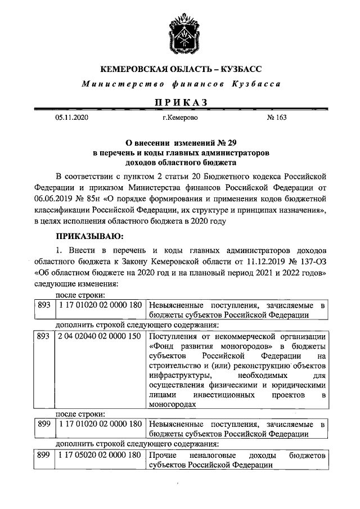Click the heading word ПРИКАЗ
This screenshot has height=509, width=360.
click(x=181, y=102)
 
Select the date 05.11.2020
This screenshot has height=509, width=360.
click(x=72, y=119)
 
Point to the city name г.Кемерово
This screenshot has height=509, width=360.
click(x=179, y=119)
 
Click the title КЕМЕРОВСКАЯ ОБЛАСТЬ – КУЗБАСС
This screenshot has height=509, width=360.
click(x=181, y=70)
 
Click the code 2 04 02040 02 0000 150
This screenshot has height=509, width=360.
click(x=99, y=336)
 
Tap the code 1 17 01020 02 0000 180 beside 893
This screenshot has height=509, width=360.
click(x=99, y=305)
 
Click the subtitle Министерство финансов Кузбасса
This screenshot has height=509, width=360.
click(x=181, y=84)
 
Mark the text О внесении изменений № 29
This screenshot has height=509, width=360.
click(x=181, y=143)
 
